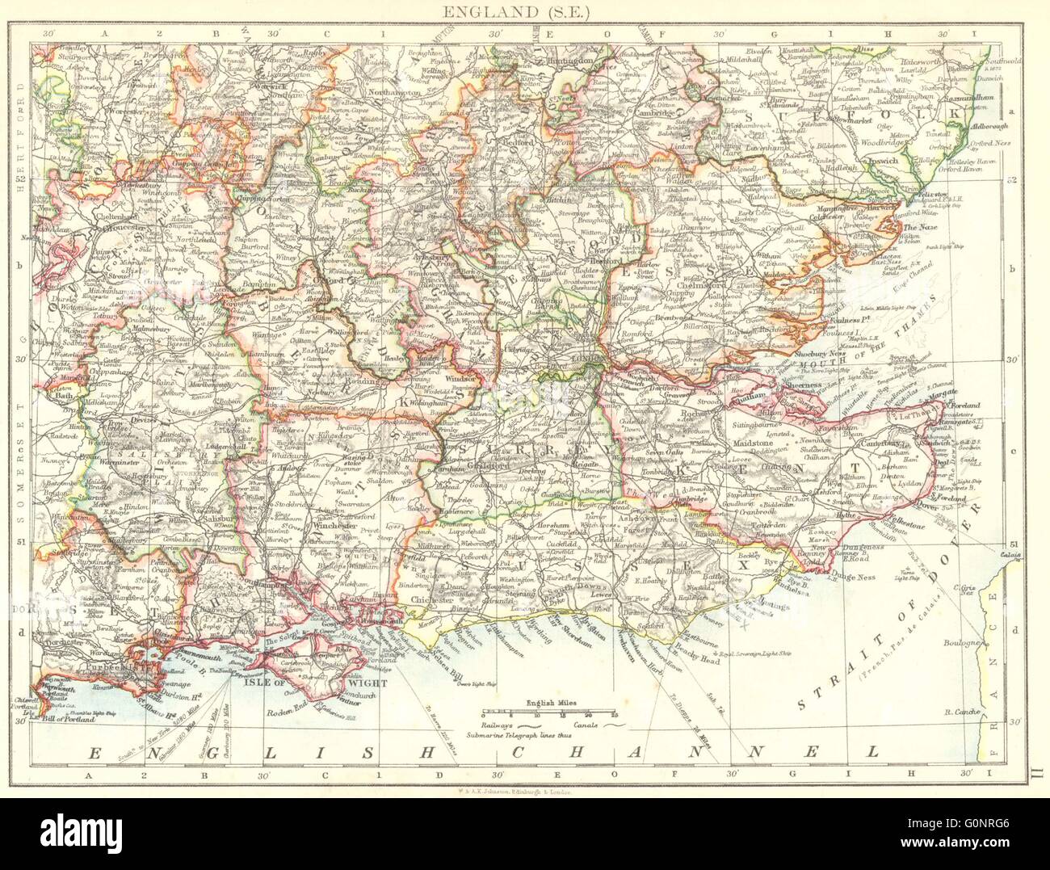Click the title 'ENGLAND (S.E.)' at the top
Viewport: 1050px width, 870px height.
click(524, 11)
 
